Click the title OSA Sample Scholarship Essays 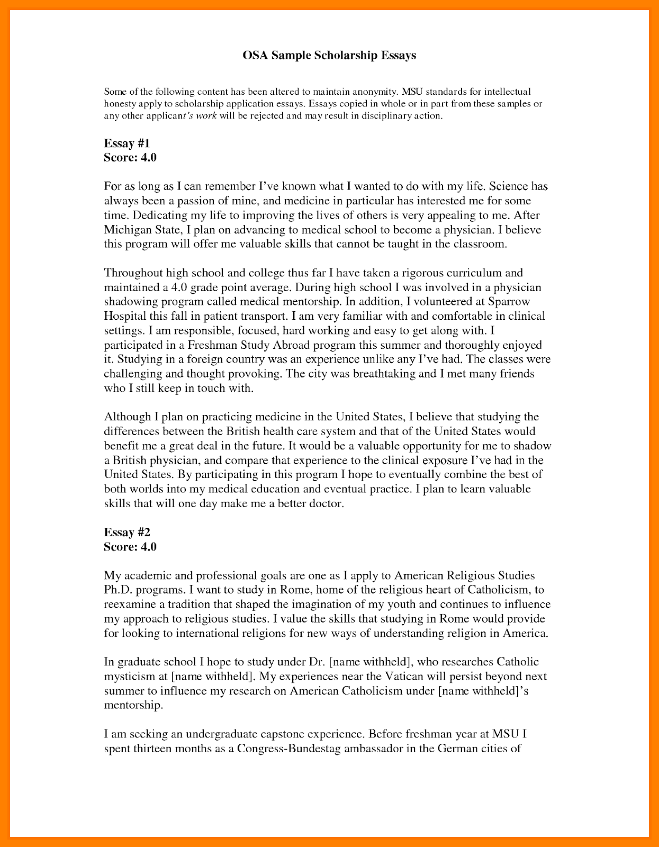coord(329,56)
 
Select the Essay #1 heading coord(127,143)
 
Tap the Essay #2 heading coord(127,533)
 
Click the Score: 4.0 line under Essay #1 coord(130,158)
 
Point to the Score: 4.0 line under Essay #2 coord(130,547)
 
